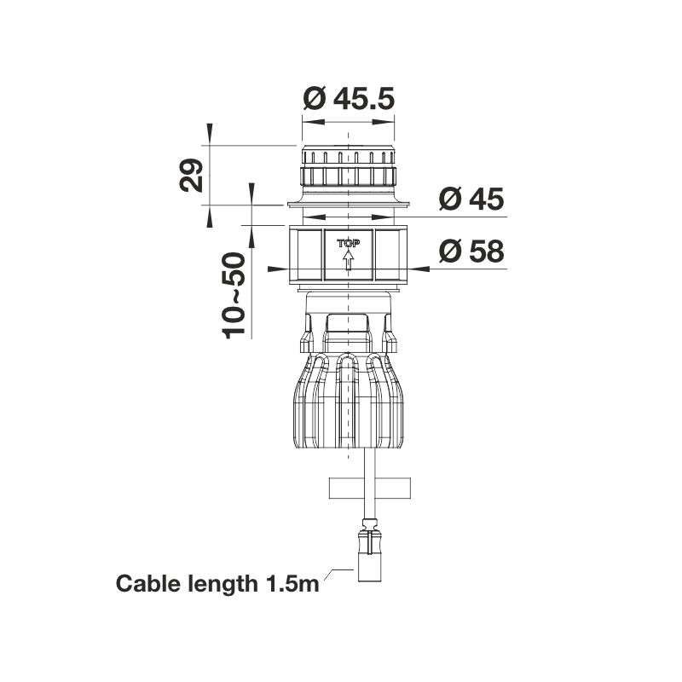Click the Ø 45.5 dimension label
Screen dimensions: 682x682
pos(349,99)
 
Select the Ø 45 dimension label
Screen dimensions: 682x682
pos(471,199)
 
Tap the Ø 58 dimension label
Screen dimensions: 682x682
pos(471,251)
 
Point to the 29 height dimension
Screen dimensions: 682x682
pos(191,176)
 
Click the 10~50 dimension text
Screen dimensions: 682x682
pos(234,296)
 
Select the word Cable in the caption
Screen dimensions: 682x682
pos(147,583)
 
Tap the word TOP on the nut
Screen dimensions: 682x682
pos(349,244)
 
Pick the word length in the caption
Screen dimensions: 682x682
pos(223,584)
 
